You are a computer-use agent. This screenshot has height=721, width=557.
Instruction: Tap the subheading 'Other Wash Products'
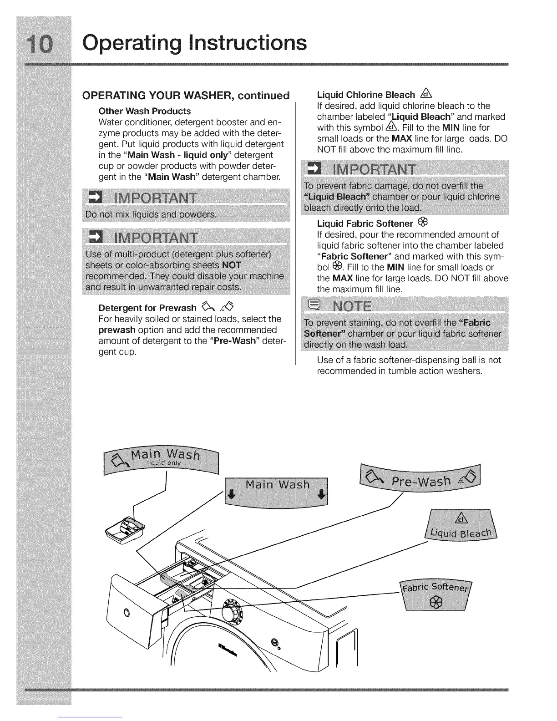tap(145, 111)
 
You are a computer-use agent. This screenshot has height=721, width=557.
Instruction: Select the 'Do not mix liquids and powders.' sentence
tap(151, 214)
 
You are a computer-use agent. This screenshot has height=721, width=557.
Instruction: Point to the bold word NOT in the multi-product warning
tap(232, 265)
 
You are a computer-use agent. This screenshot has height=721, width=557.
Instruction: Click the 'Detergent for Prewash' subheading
tap(147, 308)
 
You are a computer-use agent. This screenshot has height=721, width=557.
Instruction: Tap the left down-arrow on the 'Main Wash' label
tap(231, 495)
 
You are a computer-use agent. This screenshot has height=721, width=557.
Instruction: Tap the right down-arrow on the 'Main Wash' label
tap(321, 495)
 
